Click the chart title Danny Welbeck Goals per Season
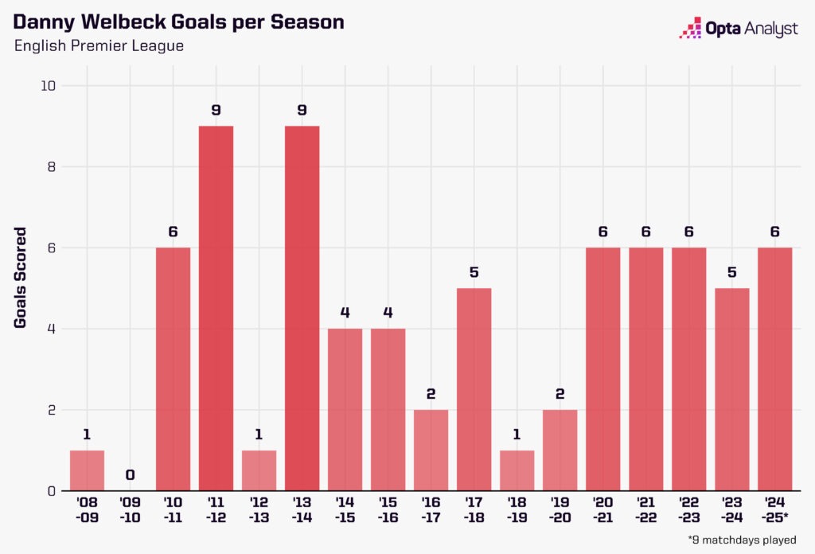coord(179,21)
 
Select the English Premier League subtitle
coord(99,46)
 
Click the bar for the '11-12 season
coord(216,308)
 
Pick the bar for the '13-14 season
coord(302,308)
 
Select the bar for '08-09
coord(87,470)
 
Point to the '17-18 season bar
coord(474,389)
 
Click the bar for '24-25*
coord(774,369)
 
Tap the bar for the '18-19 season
coord(517,470)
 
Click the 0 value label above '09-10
coord(130,476)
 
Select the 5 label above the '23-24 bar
coord(731,273)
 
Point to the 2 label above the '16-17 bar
coord(431,395)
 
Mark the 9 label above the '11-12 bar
coord(216,111)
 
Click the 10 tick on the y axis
coord(48,86)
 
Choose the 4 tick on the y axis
coord(51,329)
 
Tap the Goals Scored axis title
coord(21,278)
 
